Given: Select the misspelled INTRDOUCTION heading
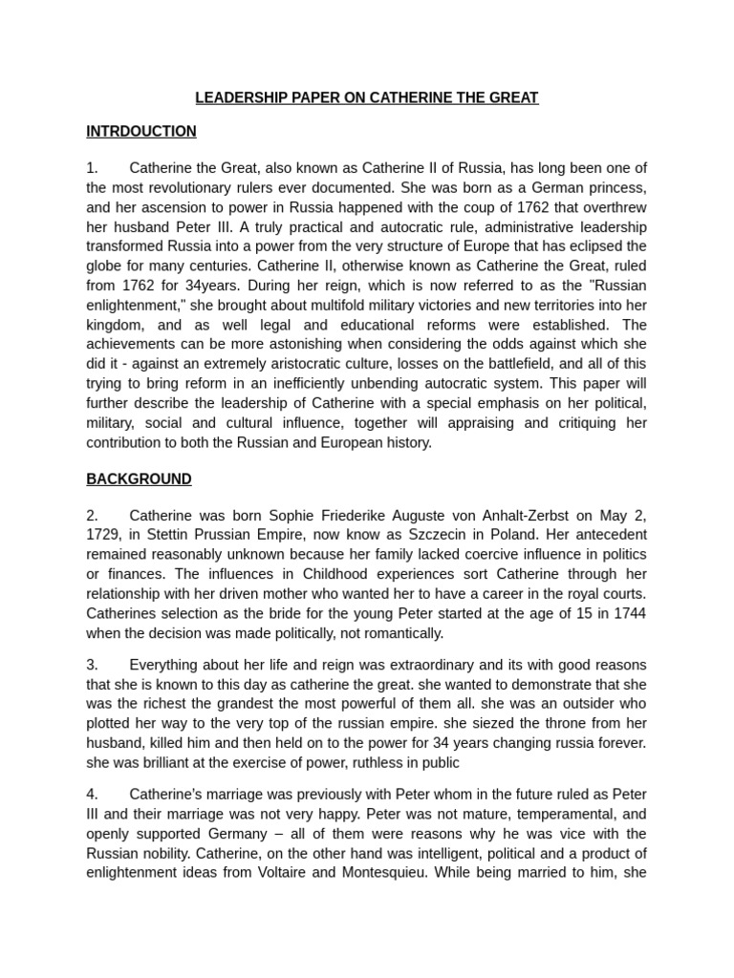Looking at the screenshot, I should coord(141,132).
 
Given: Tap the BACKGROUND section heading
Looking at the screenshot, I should coord(139,479).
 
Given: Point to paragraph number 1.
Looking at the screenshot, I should coord(92,168).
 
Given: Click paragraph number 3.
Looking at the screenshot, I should coord(92,665).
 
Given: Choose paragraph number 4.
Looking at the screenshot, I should coord(92,793).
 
